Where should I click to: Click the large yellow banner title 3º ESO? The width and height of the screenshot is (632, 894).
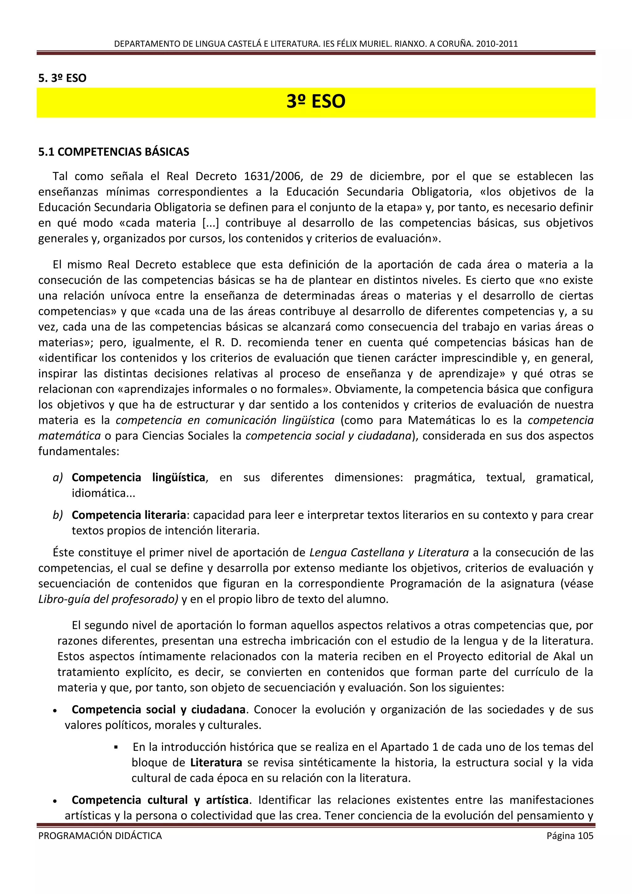(316, 102)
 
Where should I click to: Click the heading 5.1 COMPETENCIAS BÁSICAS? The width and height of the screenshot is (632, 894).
(114, 152)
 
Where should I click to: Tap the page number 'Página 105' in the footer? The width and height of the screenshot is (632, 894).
(570, 836)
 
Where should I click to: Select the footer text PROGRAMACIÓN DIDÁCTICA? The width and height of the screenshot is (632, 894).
(100, 836)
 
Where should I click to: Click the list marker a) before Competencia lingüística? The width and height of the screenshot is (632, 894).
(58, 477)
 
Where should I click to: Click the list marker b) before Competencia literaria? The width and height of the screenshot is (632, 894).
(58, 515)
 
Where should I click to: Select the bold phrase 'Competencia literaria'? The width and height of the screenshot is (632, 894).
(129, 515)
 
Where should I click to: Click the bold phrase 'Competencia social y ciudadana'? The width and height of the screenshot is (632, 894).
(158, 709)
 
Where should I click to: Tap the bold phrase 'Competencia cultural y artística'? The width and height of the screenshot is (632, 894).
(160, 800)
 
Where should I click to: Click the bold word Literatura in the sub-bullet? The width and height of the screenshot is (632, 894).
(216, 762)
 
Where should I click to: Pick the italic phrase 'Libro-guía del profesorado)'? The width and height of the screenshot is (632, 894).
(108, 599)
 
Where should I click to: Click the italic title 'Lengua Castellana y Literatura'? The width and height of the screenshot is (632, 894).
(389, 553)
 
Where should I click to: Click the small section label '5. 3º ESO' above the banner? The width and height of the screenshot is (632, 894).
(62, 78)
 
